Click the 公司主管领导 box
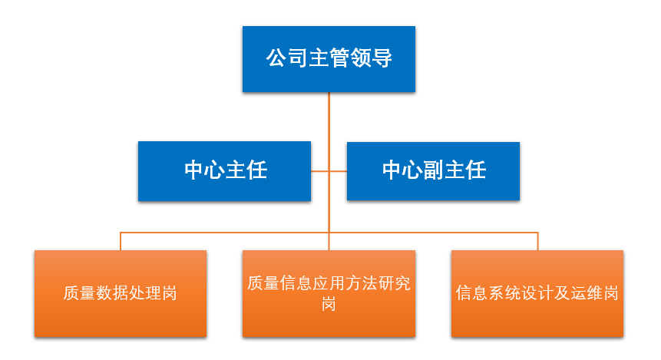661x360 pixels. (329, 59)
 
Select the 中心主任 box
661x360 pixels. (224, 171)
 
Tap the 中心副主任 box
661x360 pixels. (433, 171)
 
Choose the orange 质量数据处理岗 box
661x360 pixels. (121, 294)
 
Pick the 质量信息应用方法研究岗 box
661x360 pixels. (329, 294)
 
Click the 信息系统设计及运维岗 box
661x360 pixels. (537, 294)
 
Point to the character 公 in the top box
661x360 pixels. (276, 58)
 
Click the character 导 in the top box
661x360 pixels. (382, 58)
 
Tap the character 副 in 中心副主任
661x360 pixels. (435, 170)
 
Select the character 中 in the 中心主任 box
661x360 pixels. (194, 170)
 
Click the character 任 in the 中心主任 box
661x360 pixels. (256, 170)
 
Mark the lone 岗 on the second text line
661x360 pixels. (329, 303)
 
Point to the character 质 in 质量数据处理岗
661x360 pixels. (71, 293)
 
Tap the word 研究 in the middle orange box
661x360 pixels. (394, 283)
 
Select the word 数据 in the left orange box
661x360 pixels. (112, 293)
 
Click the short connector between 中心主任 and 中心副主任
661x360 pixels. (329, 171)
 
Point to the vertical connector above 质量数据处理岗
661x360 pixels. (121, 241)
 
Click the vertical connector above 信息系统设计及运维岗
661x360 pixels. (537, 241)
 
